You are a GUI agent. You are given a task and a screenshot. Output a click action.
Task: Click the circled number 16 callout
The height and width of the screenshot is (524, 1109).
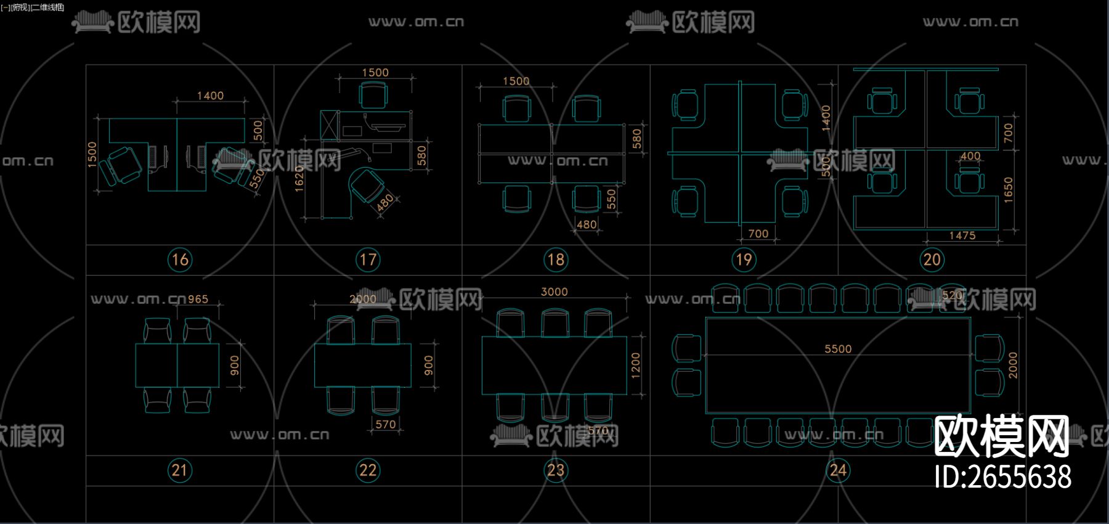tap(180, 260)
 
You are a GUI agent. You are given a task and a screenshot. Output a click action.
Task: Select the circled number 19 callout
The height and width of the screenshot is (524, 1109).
tap(744, 260)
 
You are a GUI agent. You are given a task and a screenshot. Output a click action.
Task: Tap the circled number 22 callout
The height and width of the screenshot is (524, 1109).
tap(368, 470)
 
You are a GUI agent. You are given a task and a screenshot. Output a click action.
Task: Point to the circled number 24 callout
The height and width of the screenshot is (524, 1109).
tap(838, 470)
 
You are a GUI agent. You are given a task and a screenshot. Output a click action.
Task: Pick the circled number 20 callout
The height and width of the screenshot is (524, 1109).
tap(932, 260)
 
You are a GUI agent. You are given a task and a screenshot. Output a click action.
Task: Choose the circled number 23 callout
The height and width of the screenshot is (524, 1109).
tap(556, 470)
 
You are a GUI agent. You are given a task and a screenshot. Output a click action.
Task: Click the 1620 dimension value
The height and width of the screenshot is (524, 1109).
tap(299, 179)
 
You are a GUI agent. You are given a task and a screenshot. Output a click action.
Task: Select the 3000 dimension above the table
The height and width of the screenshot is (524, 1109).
tap(554, 292)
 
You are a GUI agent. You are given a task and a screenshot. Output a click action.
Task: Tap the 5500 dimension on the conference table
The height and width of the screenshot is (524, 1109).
tap(838, 349)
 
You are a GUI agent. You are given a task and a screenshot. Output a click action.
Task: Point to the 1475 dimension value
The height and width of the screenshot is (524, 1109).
tap(962, 235)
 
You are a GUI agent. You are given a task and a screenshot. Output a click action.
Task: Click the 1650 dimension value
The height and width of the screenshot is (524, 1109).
tap(1008, 189)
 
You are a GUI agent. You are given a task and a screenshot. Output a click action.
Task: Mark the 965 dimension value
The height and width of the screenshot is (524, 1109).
tap(198, 299)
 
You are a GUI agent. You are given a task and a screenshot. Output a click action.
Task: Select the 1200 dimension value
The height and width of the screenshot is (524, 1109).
tap(636, 365)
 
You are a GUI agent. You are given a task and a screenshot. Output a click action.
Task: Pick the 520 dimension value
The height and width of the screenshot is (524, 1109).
tap(952, 295)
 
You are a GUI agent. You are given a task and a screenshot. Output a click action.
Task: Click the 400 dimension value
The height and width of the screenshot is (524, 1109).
tap(970, 156)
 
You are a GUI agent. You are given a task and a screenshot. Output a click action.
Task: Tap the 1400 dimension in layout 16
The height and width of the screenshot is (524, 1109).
tap(210, 96)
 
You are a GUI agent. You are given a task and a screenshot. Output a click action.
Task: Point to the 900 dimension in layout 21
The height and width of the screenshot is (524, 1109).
tap(235, 365)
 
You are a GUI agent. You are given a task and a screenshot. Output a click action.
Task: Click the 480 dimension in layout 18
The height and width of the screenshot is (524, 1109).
tap(586, 224)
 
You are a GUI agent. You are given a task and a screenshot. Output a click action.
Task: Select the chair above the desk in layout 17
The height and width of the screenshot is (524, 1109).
tap(373, 96)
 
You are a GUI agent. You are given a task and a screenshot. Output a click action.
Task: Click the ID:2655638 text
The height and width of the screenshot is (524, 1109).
tap(1002, 477)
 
